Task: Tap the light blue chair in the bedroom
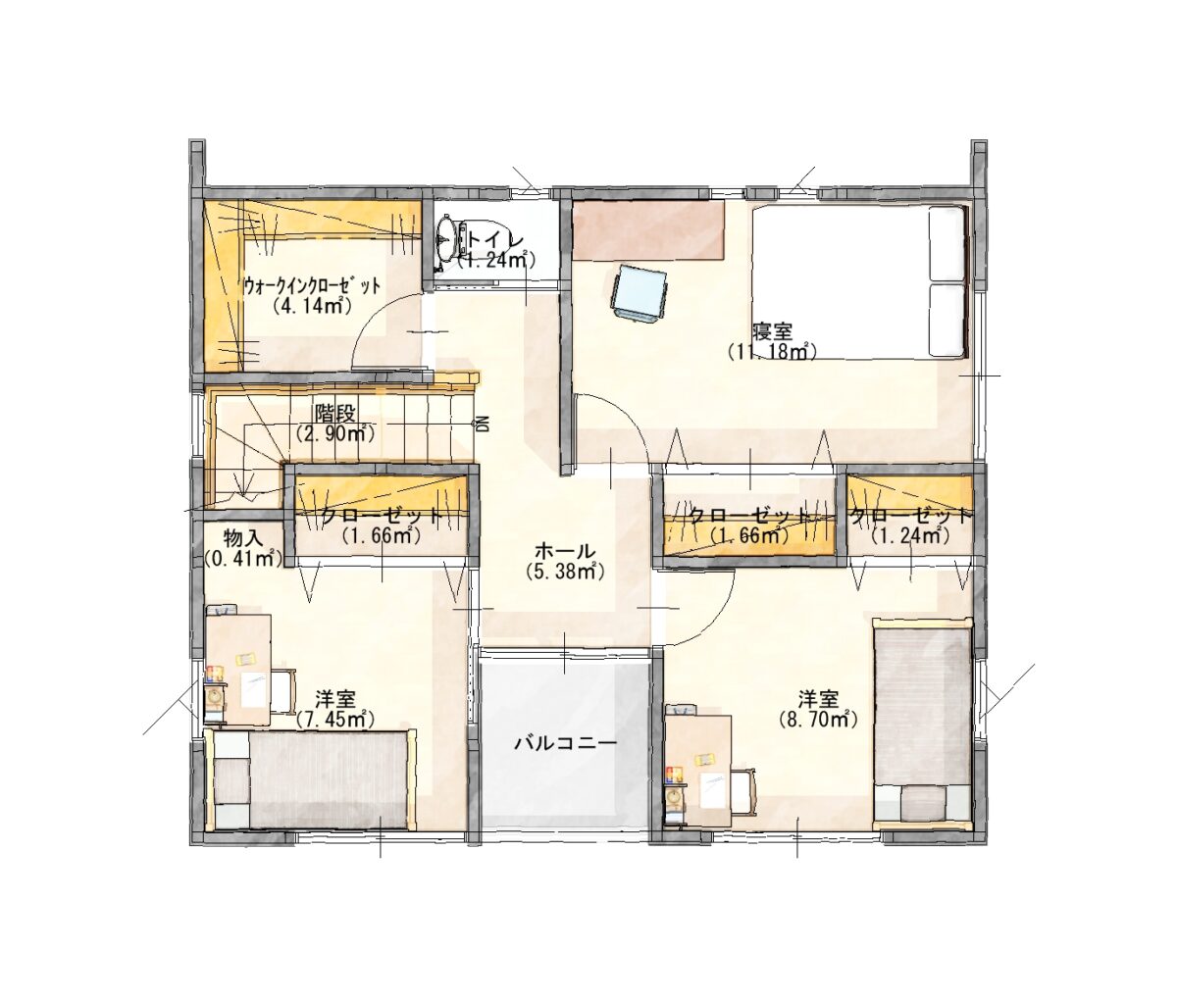point(640,294)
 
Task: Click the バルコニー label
point(566,742)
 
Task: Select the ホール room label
point(565,550)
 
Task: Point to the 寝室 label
point(772,330)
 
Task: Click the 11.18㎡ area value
point(773,351)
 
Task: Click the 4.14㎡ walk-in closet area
point(310,306)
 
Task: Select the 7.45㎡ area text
point(334,719)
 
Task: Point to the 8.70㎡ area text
point(817,719)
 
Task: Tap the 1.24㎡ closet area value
point(909,535)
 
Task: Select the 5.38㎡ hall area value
point(565,571)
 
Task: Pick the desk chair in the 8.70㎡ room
point(743,791)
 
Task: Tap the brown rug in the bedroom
point(648,230)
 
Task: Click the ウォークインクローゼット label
point(311,286)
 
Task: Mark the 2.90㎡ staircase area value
point(334,433)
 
